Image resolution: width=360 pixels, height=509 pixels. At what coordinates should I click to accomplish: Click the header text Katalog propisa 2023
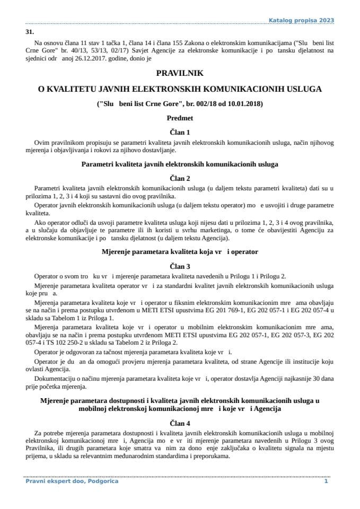click(x=302, y=20)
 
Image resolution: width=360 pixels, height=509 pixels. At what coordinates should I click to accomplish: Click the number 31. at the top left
click(x=30, y=32)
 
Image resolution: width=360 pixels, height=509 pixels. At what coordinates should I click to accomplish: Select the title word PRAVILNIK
click(x=180, y=74)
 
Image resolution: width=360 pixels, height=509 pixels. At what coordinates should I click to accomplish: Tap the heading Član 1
click(x=180, y=132)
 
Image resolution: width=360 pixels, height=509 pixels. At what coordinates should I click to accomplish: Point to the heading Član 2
click(x=180, y=178)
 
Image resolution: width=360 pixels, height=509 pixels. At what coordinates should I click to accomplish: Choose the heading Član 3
click(x=180, y=266)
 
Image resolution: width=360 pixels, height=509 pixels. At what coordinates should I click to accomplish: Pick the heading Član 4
click(x=180, y=423)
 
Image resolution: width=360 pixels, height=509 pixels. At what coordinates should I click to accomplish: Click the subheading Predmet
click(x=180, y=118)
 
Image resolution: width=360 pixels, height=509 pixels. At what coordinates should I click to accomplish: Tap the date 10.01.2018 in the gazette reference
click(x=242, y=104)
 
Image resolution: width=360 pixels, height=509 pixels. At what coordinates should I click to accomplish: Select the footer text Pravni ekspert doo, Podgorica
click(x=72, y=481)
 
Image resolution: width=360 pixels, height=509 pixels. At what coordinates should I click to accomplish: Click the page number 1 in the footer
click(x=326, y=481)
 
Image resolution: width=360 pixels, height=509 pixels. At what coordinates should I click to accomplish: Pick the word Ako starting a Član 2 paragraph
click(x=40, y=223)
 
